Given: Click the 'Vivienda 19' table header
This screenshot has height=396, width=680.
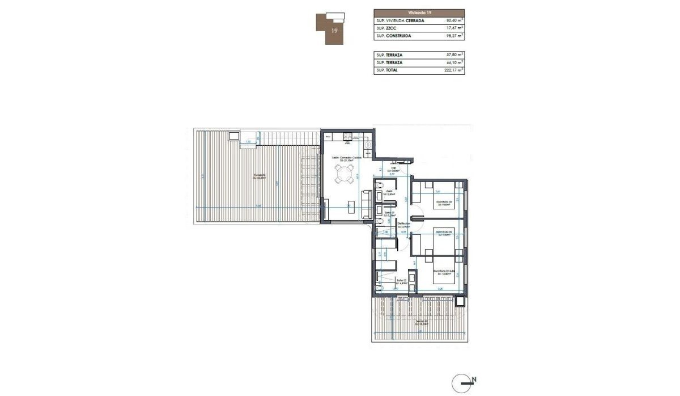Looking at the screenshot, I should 419,12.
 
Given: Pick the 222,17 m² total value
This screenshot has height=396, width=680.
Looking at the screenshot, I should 452,70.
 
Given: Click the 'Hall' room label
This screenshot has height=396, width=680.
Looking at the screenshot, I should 392,168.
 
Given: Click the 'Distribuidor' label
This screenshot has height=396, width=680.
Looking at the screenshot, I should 403,225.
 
